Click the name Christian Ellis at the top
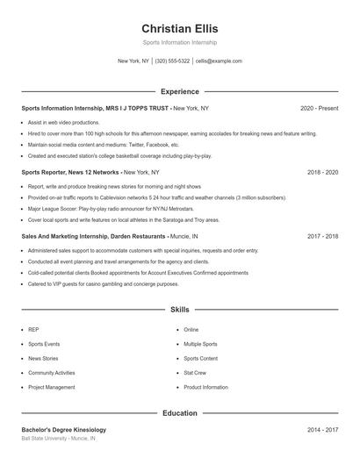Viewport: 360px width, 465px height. coord(180,29)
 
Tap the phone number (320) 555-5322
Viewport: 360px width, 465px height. coord(172,61)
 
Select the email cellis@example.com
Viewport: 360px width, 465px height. coord(219,61)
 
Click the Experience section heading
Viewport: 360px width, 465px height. coord(180,91)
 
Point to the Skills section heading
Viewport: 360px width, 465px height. coord(180,310)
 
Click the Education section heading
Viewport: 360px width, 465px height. coord(180,413)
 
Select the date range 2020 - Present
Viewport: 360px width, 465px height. coord(319,108)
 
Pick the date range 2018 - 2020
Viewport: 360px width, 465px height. coord(322,173)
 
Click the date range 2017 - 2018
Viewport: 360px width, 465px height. coord(322,237)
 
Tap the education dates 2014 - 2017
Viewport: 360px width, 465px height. coord(322,430)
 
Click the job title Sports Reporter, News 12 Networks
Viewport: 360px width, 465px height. coord(70,173)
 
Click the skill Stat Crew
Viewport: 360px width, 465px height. coord(195,373)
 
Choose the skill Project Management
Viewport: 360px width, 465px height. coord(52,387)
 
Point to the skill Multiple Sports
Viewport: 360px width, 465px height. coord(200,344)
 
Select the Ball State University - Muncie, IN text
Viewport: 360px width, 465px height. coord(59,438)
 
